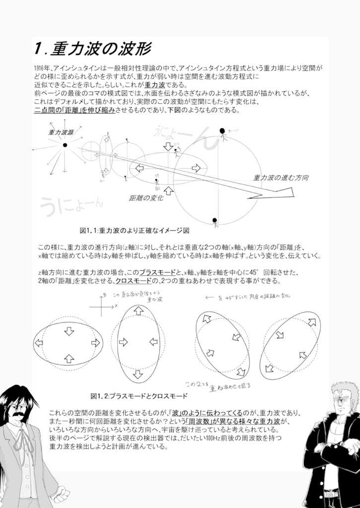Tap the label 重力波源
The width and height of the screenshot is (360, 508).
[61, 132]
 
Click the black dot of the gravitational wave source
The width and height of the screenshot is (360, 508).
[65, 145]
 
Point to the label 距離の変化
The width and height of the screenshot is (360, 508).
[146, 198]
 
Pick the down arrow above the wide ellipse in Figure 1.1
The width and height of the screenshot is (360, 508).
[168, 146]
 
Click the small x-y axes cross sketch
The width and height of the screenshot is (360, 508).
[102, 306]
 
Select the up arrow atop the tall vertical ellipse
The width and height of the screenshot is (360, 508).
[139, 311]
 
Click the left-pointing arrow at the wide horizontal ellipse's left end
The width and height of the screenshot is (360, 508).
[39, 343]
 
